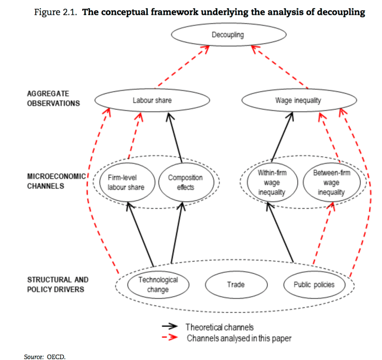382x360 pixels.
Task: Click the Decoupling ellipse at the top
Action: pos(227,35)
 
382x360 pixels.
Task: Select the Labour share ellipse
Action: pos(152,101)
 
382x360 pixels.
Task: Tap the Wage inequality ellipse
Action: pos(298,101)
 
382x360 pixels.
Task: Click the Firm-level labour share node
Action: pos(126,183)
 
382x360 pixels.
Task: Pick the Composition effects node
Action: pos(185,183)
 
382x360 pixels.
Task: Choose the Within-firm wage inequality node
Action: pos(272,183)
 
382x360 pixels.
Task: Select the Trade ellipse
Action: pos(236,284)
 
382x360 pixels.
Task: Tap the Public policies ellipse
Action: pos(314,284)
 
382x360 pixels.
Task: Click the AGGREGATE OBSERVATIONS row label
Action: pos(54,99)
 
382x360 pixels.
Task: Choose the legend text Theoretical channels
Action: pos(219,327)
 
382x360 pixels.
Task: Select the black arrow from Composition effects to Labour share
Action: pos(176,138)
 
